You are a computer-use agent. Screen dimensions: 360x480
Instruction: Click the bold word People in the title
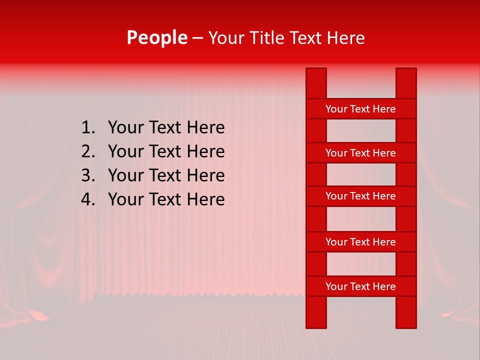point(156,38)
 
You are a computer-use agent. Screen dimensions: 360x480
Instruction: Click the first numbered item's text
point(166,128)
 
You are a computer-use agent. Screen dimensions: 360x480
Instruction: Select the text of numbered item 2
point(166,151)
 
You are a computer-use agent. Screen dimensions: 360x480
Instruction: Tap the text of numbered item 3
point(166,175)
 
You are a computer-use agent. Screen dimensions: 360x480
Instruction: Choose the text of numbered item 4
point(166,199)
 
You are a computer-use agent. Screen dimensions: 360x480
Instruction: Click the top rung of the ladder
point(360,109)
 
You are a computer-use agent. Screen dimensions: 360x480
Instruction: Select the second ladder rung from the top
point(360,153)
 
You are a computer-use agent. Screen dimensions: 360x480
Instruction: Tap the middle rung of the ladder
point(360,196)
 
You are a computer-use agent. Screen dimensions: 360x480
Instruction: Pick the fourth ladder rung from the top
point(360,242)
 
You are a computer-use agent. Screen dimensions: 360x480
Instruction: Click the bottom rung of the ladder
point(360,286)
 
